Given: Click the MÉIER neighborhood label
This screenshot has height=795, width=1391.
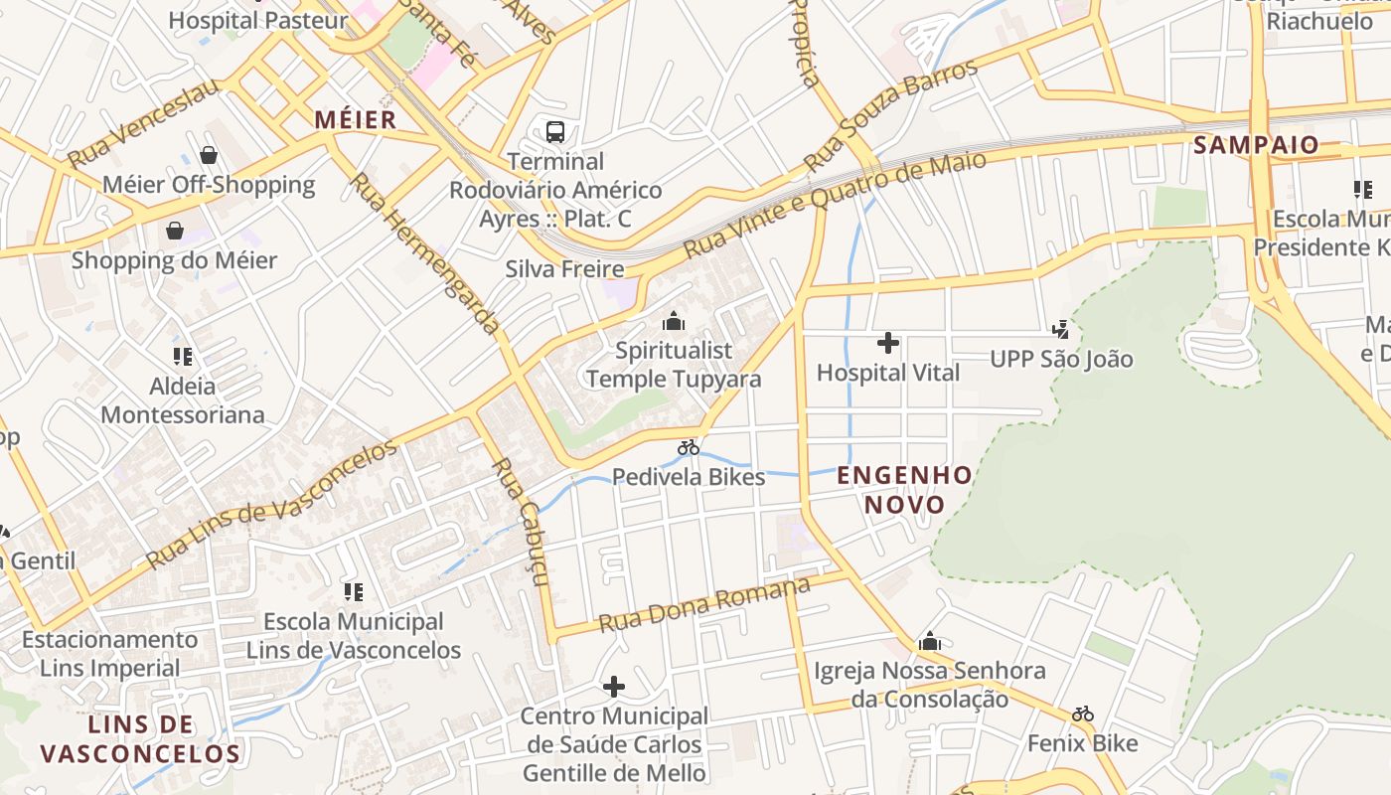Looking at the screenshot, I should click(x=355, y=120).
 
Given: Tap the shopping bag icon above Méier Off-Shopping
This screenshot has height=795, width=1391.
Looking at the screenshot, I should click(x=209, y=155).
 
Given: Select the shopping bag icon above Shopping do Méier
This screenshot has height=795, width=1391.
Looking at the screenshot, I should click(x=175, y=232).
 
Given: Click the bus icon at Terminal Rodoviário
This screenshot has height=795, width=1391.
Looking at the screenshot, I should click(x=555, y=131).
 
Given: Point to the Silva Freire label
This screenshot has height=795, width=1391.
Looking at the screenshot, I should click(x=564, y=269).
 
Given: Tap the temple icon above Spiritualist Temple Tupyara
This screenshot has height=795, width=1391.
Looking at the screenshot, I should click(x=674, y=321).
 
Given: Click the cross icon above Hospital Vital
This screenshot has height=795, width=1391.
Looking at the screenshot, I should click(x=888, y=344).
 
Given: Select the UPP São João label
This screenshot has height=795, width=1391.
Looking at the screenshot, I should click(x=1061, y=359).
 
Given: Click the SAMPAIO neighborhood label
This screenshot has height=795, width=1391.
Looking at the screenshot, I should click(x=1256, y=145).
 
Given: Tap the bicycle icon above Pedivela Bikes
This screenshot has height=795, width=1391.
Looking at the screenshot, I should click(x=689, y=447).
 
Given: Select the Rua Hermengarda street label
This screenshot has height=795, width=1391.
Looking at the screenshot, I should click(x=426, y=253).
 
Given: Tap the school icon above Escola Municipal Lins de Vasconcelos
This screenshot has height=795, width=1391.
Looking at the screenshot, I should click(x=354, y=592).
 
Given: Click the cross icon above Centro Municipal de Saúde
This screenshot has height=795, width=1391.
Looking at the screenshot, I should click(x=614, y=687).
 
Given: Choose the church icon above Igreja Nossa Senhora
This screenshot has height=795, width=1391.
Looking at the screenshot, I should click(x=930, y=642).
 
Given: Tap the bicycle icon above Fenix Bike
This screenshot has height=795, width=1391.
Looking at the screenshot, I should click(x=1083, y=714).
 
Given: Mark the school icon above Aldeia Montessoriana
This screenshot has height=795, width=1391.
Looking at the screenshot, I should click(x=183, y=356).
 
